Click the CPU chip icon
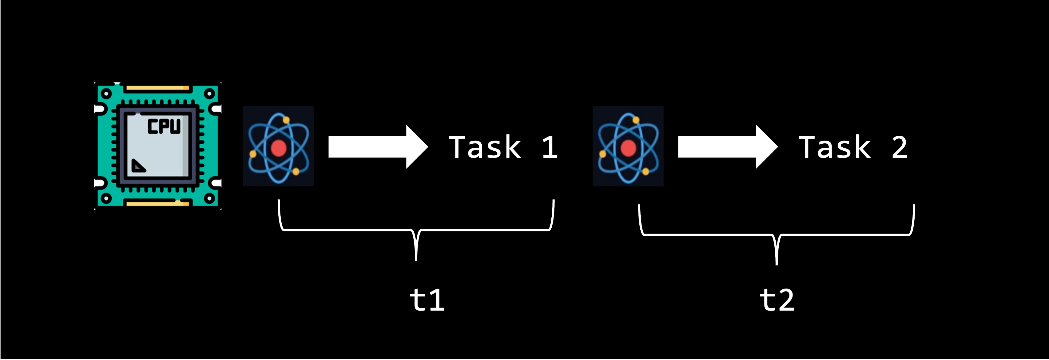[x=158, y=146]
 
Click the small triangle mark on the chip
[x=138, y=166]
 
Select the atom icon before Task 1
[x=279, y=146]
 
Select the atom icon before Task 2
[x=628, y=146]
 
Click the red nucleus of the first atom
[x=279, y=148]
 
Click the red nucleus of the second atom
[x=628, y=148]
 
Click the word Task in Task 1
[x=484, y=147]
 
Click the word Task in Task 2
[x=835, y=147]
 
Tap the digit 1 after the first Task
[x=550, y=147]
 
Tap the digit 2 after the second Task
[x=900, y=147]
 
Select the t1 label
[x=427, y=300]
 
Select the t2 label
[x=777, y=300]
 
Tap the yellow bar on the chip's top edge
[x=158, y=87]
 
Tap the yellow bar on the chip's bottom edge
[x=158, y=203]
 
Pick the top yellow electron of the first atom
[x=286, y=120]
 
